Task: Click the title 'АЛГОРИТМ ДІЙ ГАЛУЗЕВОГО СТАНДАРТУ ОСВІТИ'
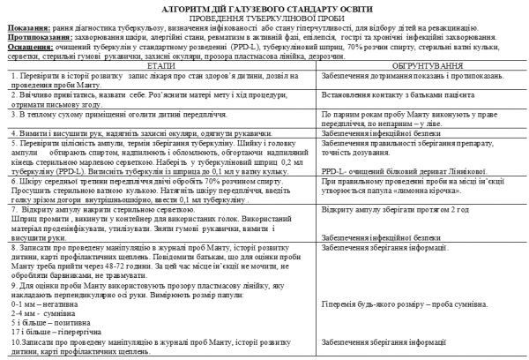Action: point(263,7)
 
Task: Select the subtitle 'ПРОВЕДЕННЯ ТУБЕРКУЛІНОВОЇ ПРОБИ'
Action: point(263,18)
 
